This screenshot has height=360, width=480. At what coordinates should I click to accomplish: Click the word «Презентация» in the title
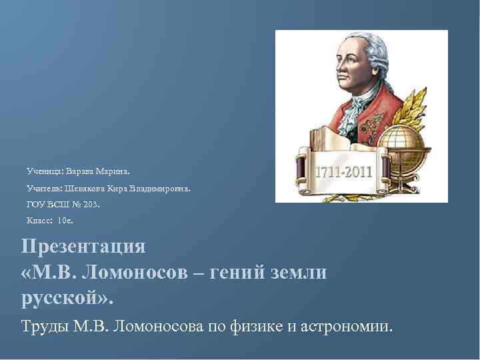point(83,246)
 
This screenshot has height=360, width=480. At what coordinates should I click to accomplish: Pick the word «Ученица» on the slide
point(43,171)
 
